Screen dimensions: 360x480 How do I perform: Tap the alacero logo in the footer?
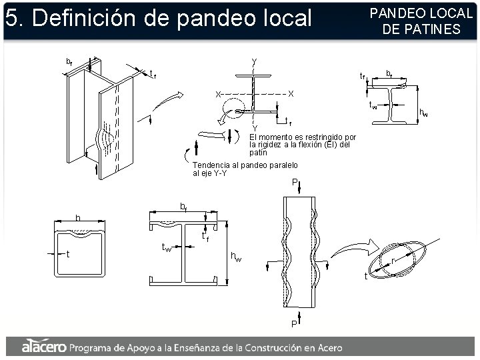43,347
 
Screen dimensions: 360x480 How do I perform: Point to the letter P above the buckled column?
295,182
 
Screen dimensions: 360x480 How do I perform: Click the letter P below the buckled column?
293,323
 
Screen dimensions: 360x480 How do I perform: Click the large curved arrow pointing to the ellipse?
352,250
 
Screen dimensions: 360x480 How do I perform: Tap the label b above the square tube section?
77,218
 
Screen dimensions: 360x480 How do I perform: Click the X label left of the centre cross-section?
217,94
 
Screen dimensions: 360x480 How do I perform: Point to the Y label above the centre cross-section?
254,62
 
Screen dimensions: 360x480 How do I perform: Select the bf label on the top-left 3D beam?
69,62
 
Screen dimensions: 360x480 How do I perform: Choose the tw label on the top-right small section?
373,105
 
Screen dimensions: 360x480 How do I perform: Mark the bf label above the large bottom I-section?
183,206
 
